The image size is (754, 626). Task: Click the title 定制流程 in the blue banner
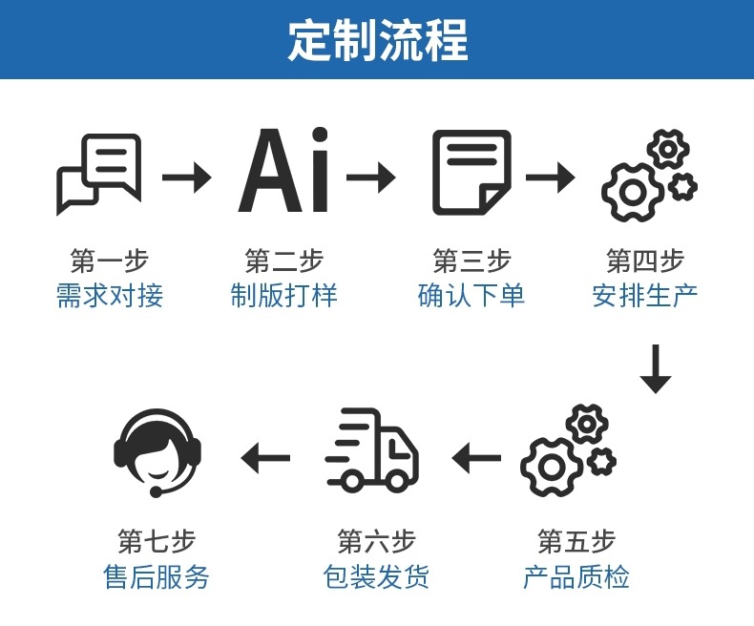coord(378,39)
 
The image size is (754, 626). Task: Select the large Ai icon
coord(283,172)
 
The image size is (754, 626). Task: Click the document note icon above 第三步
coord(471,173)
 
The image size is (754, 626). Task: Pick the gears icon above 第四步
coord(648,176)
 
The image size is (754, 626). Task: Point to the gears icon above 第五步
coord(567,450)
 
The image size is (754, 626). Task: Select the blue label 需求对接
coord(110,295)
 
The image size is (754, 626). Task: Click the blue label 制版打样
coord(283,295)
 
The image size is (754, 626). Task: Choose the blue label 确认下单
coord(471,295)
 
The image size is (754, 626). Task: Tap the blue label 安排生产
coord(645,295)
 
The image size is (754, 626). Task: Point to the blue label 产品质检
coord(576,577)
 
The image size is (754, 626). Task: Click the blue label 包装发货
coord(376,577)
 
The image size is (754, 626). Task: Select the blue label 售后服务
coord(157,577)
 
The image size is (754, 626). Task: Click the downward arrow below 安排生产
coord(656,367)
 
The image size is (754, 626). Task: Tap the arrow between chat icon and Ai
coord(186,177)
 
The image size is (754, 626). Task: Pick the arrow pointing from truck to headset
coord(265,458)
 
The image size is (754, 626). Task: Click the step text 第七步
coord(157,541)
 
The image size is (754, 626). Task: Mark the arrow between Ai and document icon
coord(370,177)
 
